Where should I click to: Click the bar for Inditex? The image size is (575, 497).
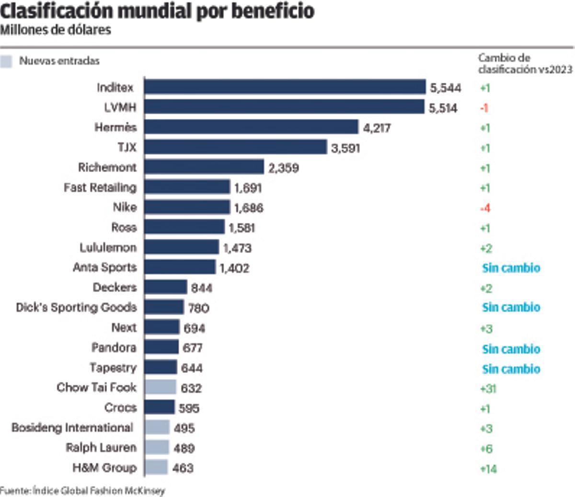point(285,87)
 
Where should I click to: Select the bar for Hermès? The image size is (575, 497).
point(251,127)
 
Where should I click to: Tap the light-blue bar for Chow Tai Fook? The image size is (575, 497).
point(160,387)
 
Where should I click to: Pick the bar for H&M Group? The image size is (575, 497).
point(156,467)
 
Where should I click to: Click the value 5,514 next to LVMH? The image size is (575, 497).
point(443,108)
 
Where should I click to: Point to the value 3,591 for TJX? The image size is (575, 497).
point(345,148)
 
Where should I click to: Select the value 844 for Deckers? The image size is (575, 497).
point(201,288)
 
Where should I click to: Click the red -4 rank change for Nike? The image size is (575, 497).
point(485,208)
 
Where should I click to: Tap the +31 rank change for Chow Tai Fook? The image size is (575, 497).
point(487,388)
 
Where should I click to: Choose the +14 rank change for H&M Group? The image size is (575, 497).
point(488,469)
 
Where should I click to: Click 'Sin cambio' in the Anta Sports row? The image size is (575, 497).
point(511,267)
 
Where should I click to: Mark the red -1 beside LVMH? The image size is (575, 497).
point(484,108)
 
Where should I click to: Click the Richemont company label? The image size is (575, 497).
point(107,167)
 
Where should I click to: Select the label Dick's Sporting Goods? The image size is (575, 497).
point(77,307)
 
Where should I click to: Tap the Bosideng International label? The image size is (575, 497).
point(72,428)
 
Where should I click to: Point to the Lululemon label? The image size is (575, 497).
point(108,247)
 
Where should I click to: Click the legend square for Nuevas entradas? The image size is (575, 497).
point(6,61)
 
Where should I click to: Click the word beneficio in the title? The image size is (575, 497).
point(273,11)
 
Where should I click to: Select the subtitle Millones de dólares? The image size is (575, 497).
point(56,30)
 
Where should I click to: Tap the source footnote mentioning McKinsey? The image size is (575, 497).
point(82,491)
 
